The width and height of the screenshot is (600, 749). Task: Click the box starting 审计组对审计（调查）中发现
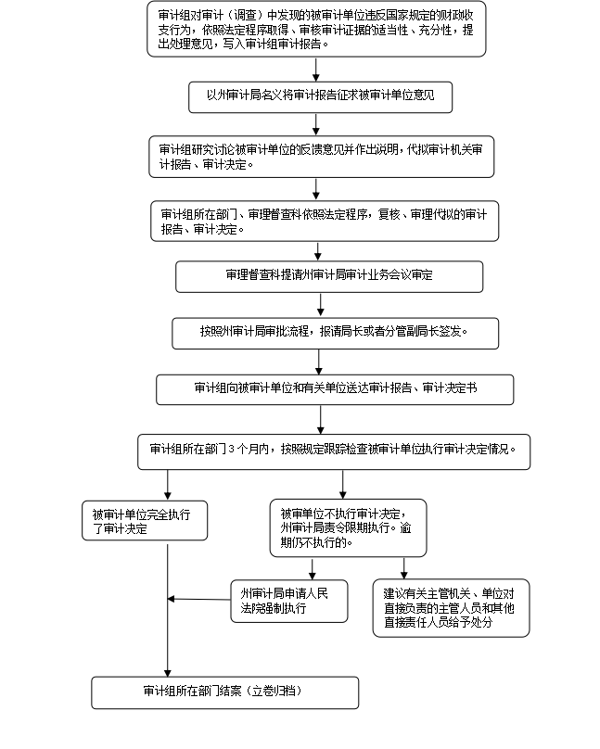[x=316, y=30]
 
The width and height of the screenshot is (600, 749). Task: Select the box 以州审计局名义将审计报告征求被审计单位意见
[x=320, y=95]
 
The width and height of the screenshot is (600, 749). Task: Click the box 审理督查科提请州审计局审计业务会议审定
[x=329, y=276]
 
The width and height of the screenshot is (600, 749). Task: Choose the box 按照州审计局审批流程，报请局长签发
[x=335, y=331]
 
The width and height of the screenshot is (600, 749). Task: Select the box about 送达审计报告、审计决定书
[x=335, y=389]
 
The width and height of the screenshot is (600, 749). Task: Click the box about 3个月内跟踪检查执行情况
[x=338, y=451]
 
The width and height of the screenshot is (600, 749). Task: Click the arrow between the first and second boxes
[x=316, y=70]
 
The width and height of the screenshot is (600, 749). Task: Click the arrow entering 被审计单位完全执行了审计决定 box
[x=168, y=486]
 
